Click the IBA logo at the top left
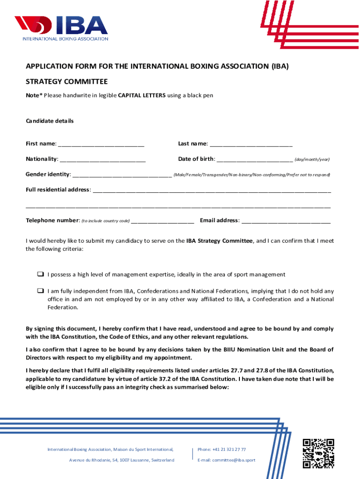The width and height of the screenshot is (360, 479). coord(61,28)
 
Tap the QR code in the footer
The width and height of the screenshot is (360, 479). coord(318,453)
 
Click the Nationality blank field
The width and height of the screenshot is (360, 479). coord(102,160)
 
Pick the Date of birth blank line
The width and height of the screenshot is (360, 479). coord(255,160)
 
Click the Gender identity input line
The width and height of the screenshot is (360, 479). coord(122,175)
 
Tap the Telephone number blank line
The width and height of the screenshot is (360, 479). coord(163,221)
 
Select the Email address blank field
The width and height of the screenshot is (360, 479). coord(286,221)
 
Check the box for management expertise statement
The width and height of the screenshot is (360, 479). coord(40,274)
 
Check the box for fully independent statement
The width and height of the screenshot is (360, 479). coord(40,290)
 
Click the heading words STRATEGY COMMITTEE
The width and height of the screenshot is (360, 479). coord(66,81)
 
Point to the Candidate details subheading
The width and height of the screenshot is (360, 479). coord(50,121)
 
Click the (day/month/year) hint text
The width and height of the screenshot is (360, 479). coord(312,160)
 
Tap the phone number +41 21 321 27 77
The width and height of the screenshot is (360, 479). coord(222,450)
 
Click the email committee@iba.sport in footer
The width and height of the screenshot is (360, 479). coord(226,460)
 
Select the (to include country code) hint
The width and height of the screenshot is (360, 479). coord(106,221)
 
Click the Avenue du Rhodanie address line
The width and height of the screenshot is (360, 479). coord(122,460)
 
